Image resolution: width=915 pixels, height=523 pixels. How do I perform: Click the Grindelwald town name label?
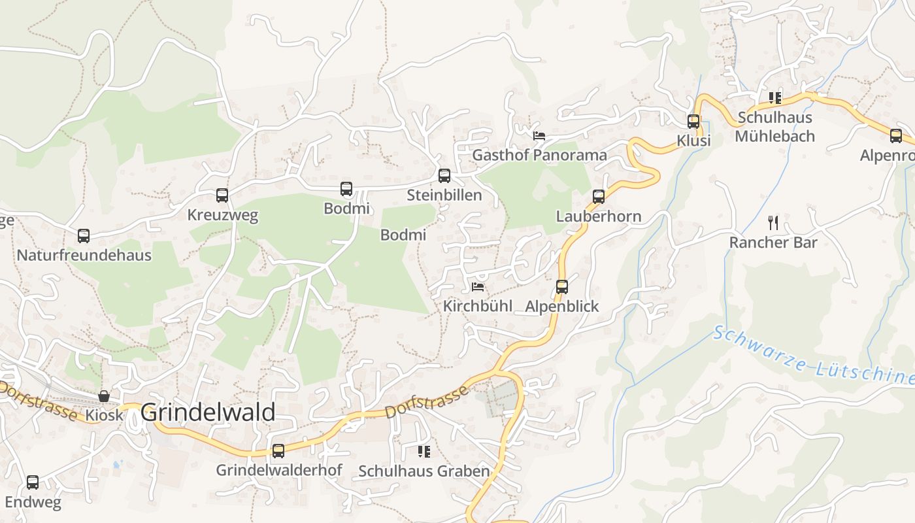[208, 413]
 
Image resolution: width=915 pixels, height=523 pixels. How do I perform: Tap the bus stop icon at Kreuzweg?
[222, 195]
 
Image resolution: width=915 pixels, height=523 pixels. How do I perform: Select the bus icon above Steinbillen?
[444, 175]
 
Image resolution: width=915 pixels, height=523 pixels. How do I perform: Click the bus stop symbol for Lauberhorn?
[599, 196]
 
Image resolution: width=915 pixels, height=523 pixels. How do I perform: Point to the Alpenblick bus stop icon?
[562, 286]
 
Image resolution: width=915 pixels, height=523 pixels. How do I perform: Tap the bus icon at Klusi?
[693, 121]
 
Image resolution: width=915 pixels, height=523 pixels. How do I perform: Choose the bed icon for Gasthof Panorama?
[539, 135]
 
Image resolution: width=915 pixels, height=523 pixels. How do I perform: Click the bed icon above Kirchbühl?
[478, 286]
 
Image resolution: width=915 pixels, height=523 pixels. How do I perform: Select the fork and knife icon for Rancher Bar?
[773, 223]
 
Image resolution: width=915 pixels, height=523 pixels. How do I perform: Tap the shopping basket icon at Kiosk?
[104, 396]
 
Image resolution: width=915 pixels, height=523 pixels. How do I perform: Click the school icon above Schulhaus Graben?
[424, 451]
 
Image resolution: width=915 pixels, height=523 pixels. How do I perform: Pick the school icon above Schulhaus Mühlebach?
[774, 98]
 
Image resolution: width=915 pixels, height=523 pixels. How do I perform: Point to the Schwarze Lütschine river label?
[813, 356]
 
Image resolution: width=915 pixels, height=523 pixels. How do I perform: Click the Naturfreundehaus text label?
[84, 255]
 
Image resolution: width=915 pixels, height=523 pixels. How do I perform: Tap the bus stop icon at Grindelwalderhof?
[278, 450]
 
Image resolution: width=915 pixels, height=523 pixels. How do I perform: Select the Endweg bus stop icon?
[33, 482]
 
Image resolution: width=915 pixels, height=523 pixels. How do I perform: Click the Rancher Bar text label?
[773, 243]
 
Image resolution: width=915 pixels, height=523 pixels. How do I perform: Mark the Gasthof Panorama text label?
[539, 155]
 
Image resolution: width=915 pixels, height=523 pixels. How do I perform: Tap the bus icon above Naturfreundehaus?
[84, 236]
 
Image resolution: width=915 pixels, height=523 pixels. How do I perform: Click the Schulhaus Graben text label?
[424, 471]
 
